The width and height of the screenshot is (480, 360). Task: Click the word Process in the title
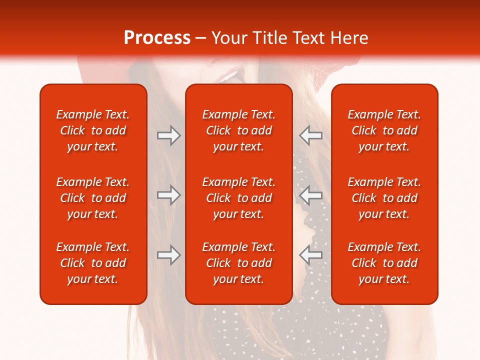pyautogui.click(x=157, y=38)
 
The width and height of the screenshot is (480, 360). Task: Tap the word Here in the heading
pyautogui.click(x=350, y=38)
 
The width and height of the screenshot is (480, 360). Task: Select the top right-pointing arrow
pyautogui.click(x=169, y=135)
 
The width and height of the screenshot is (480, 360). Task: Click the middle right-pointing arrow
pyautogui.click(x=169, y=195)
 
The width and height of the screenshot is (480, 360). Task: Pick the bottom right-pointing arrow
pyautogui.click(x=169, y=254)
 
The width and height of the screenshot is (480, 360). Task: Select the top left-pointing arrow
pyautogui.click(x=310, y=135)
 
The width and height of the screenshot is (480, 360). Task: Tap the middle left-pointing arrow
pyautogui.click(x=310, y=195)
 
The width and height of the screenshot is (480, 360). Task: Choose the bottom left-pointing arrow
pyautogui.click(x=310, y=254)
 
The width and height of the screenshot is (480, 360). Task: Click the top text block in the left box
pyautogui.click(x=93, y=130)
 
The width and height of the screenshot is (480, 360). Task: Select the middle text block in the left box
pyautogui.click(x=93, y=198)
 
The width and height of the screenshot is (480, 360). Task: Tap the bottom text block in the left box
pyautogui.click(x=93, y=263)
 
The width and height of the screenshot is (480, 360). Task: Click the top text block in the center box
pyautogui.click(x=238, y=130)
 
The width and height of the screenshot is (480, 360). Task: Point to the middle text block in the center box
pyautogui.click(x=238, y=198)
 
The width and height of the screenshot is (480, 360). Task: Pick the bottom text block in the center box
pyautogui.click(x=238, y=263)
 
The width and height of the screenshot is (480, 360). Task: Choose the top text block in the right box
pyautogui.click(x=384, y=130)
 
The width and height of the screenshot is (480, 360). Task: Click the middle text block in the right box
pyautogui.click(x=384, y=198)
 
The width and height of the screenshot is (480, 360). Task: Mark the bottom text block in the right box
pyautogui.click(x=384, y=263)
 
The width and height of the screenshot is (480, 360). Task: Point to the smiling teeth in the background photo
pyautogui.click(x=229, y=76)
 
